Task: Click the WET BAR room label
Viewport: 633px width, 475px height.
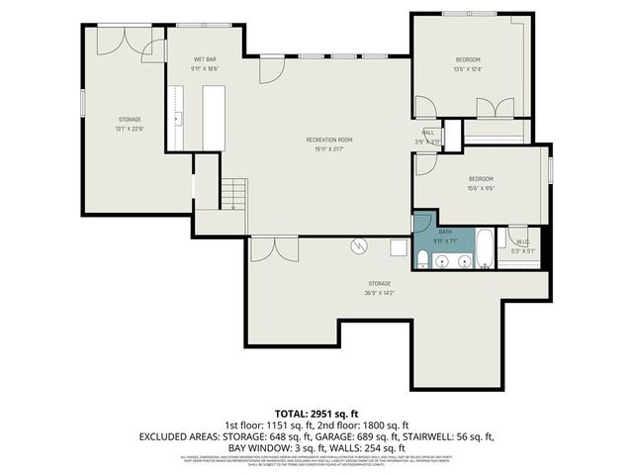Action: click(205, 60)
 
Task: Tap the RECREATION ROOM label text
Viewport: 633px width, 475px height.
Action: click(328, 140)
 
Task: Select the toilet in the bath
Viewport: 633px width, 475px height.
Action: click(421, 259)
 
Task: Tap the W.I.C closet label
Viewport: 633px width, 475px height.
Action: click(523, 240)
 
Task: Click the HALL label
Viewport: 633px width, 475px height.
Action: click(428, 132)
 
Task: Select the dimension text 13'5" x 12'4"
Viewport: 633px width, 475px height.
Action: click(467, 69)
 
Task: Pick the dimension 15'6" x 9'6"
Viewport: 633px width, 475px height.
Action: click(482, 188)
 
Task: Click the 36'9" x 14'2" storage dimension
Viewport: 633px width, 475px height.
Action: click(380, 293)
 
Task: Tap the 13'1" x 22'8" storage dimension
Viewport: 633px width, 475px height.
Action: click(130, 129)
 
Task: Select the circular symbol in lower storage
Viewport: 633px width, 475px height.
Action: click(361, 245)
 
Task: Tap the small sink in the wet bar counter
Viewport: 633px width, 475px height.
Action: click(179, 118)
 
